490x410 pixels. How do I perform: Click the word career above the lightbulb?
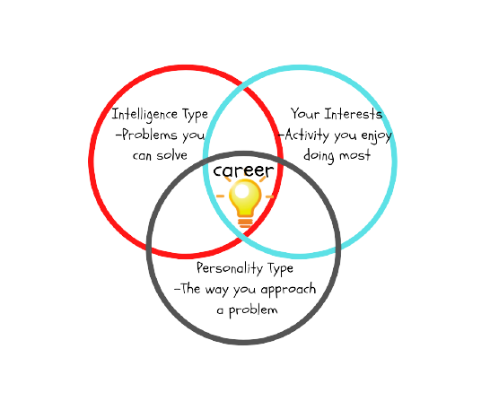(x=243, y=170)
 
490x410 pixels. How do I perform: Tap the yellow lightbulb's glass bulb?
(x=245, y=197)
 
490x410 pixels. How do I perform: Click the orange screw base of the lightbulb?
(x=245, y=222)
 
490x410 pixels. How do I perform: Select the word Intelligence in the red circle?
(x=145, y=115)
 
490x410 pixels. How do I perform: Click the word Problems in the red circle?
(x=150, y=135)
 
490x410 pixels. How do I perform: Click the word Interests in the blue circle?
(x=353, y=113)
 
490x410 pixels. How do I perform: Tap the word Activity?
(x=307, y=135)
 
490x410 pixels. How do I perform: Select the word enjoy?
(x=377, y=136)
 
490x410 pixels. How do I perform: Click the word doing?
(x=319, y=155)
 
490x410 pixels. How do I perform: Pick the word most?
(x=355, y=155)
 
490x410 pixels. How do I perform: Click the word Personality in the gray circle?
(x=230, y=268)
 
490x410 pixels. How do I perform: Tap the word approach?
(x=288, y=290)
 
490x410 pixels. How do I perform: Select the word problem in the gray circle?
(x=253, y=310)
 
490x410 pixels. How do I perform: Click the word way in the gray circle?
(x=216, y=290)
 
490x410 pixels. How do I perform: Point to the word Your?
(x=305, y=113)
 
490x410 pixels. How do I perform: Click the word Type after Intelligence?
(x=196, y=115)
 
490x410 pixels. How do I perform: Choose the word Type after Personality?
(x=280, y=269)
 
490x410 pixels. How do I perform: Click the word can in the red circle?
(x=142, y=155)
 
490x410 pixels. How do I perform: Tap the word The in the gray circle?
(x=190, y=289)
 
